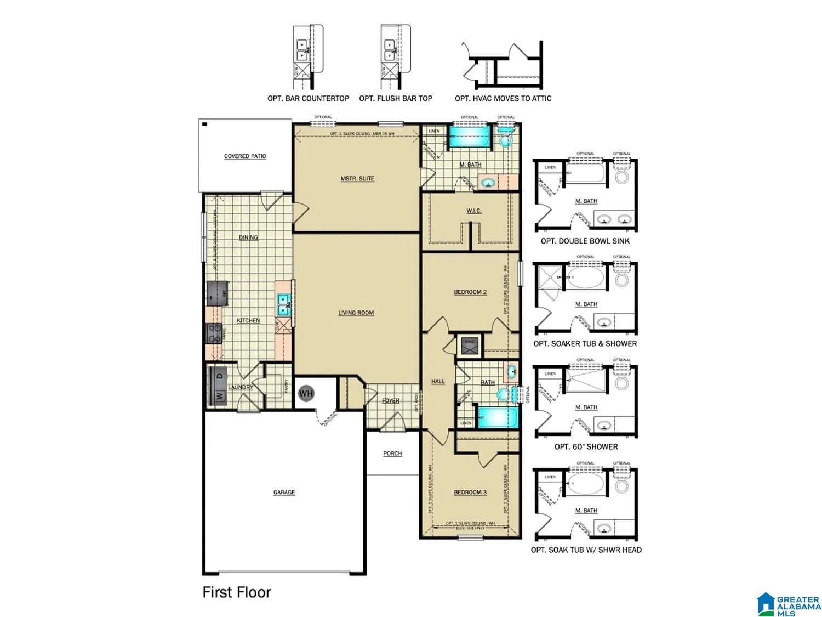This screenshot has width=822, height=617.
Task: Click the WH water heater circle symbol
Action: pyautogui.click(x=306, y=393)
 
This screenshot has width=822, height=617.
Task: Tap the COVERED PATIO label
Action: pyautogui.click(x=245, y=156)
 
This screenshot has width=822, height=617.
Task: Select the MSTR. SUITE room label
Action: pyautogui.click(x=357, y=179)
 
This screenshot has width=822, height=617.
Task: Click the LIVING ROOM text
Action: pyautogui.click(x=356, y=313)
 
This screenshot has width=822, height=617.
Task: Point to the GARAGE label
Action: pyautogui.click(x=284, y=493)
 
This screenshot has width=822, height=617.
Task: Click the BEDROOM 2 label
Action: pyautogui.click(x=470, y=292)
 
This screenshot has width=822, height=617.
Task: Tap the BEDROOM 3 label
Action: pyautogui.click(x=470, y=493)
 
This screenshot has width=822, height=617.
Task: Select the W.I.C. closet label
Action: pyautogui.click(x=474, y=211)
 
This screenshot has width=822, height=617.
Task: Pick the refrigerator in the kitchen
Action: pyautogui.click(x=217, y=295)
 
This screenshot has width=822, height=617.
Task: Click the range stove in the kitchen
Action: pyautogui.click(x=215, y=333)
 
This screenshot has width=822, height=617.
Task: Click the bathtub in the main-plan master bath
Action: pyautogui.click(x=469, y=137)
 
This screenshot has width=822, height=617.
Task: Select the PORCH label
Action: pyautogui.click(x=392, y=454)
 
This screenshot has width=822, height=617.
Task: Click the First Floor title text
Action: pyautogui.click(x=237, y=592)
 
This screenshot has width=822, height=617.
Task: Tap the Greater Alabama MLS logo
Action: pyautogui.click(x=787, y=604)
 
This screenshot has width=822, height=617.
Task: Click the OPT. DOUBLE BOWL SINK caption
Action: pyautogui.click(x=585, y=241)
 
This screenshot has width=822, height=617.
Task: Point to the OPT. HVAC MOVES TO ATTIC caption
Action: pyautogui.click(x=503, y=99)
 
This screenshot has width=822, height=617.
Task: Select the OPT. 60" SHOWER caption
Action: pyautogui.click(x=586, y=447)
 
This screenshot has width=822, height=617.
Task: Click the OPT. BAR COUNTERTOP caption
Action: pyautogui.click(x=308, y=99)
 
